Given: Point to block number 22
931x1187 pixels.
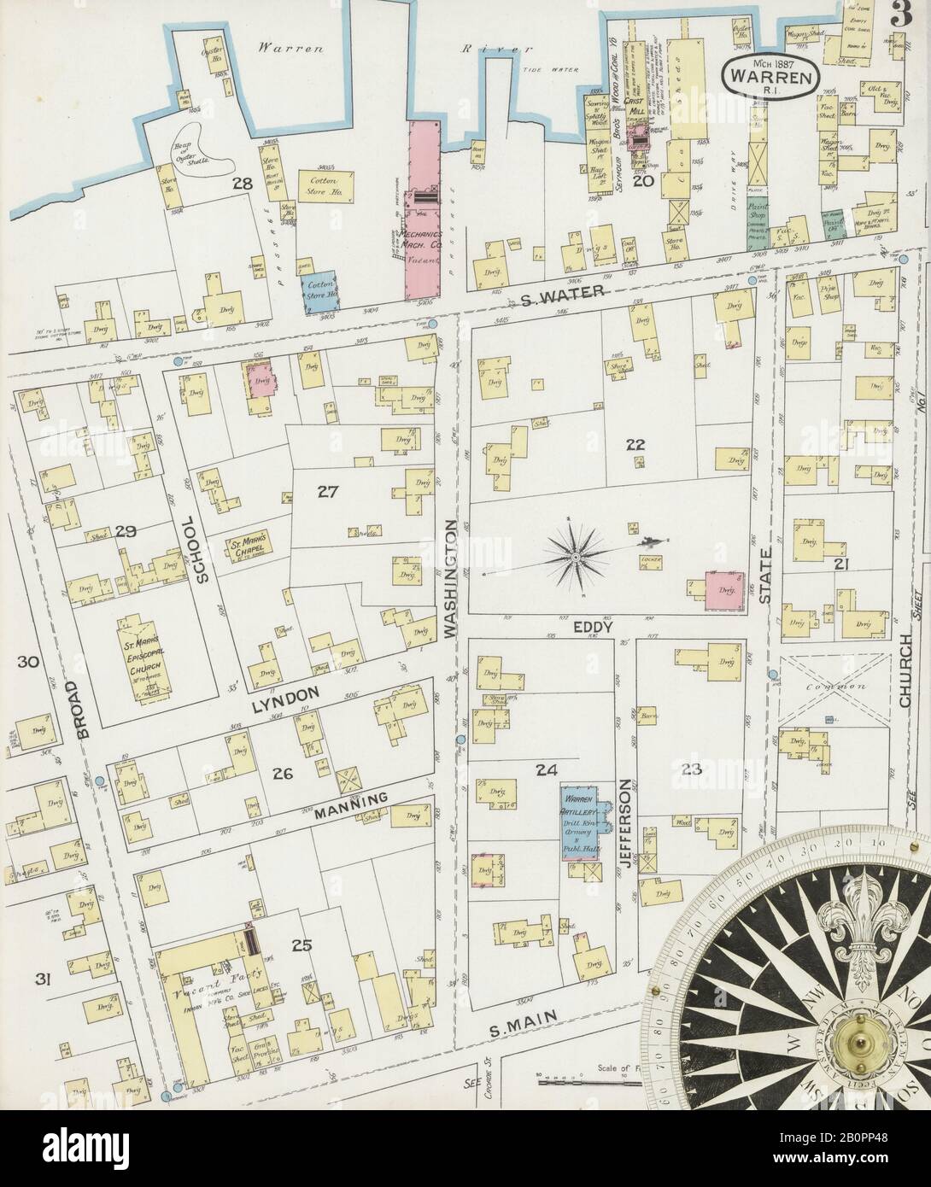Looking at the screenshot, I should click(x=634, y=443).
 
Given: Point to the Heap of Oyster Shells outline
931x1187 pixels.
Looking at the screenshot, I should click(x=202, y=145).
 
